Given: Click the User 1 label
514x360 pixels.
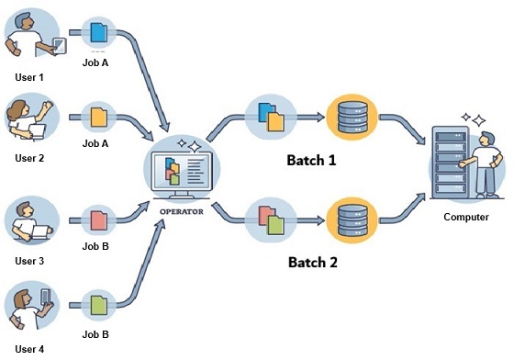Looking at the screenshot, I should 29,77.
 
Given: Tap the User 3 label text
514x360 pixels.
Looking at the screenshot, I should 29,261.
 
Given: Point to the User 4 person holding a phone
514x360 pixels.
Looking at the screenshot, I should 30,309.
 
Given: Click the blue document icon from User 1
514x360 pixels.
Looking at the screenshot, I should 98,34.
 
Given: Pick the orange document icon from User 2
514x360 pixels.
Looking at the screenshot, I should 97,117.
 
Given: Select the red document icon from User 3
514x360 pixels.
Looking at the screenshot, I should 97,220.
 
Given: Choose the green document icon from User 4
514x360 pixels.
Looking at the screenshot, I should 97,302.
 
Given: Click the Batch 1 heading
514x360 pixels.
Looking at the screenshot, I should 313,160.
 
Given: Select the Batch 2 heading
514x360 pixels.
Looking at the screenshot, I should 313,262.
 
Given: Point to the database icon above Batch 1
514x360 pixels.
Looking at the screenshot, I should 352,117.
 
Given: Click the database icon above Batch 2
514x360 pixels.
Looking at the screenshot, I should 352,220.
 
